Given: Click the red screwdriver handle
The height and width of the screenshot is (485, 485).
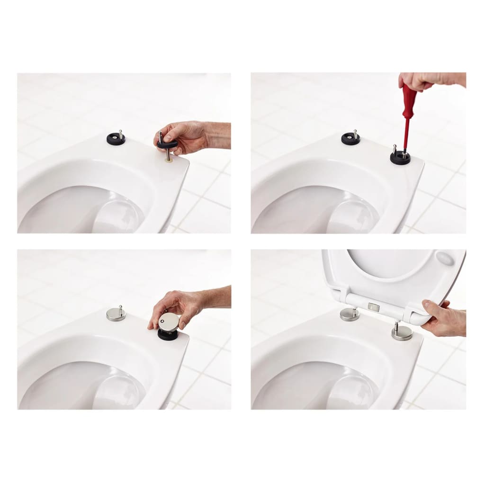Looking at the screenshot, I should coord(409,102).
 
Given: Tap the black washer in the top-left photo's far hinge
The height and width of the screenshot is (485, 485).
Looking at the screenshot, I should coord(116,140).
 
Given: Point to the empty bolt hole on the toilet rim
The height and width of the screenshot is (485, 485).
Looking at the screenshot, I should coord(169,160).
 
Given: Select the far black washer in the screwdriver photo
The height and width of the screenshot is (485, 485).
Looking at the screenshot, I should coord(350,139).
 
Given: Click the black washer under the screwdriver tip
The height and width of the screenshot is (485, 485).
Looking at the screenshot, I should coord(400,158).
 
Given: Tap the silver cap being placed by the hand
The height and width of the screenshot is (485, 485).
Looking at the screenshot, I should coord(169,322).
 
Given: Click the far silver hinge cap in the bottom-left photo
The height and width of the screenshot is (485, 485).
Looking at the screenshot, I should coord(116,315).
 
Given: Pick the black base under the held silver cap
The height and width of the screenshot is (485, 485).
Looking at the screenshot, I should coord(168,334).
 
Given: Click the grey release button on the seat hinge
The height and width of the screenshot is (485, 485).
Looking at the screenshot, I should coord(374,307).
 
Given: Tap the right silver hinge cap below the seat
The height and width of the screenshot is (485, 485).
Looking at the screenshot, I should coord(402,333).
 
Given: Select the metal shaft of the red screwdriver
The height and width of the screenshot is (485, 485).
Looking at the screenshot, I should coord(405,140).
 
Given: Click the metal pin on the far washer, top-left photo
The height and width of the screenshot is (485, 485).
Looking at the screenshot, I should coord(121,134).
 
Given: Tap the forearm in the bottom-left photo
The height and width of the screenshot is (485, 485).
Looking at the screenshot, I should coord(216,297).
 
